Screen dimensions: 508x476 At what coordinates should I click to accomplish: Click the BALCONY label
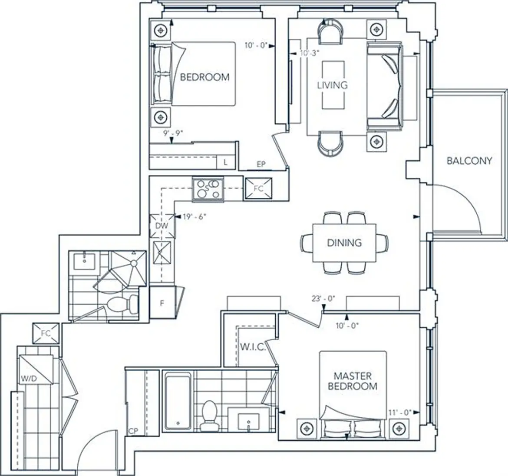coord(469,160)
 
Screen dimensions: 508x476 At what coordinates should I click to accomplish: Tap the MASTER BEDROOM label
coord(353,381)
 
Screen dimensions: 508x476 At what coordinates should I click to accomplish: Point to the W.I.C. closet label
coord(253,347)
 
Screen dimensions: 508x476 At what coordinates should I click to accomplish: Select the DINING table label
coord(344,243)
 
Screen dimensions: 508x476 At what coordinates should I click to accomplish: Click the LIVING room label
coord(333,85)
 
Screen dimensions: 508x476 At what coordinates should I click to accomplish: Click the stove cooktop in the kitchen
coord(208,189)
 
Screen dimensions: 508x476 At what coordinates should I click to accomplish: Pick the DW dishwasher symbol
coord(162,226)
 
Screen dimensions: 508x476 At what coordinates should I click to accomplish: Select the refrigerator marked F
coord(162,303)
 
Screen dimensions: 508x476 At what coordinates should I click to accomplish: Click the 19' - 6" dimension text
coord(195,217)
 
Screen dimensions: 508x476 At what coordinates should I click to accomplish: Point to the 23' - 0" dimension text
coord(323,299)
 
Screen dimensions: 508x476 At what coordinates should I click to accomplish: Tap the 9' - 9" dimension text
coord(173,133)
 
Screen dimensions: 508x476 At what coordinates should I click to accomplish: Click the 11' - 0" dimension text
coord(399,413)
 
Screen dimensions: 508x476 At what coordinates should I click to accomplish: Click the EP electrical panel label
coord(261,164)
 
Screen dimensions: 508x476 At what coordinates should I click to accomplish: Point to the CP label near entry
coord(133,431)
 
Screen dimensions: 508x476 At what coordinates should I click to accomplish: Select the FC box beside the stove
coord(258,189)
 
